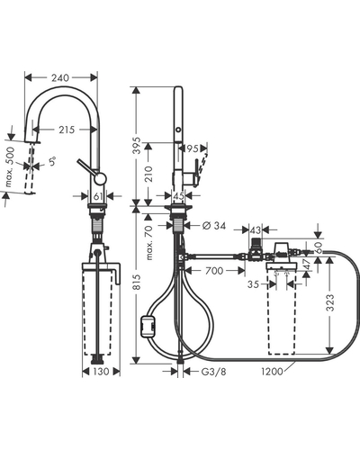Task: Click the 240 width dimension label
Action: pos(60,78)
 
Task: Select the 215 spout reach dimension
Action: pos(67,130)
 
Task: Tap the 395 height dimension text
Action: pos(137,146)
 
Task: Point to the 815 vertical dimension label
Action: pos(137,282)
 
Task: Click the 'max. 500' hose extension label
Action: pos(10,166)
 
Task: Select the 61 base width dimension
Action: pos(98,196)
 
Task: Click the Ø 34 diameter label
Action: pos(214,225)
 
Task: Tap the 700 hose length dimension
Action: pos(214,271)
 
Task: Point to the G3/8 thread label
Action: pos(213,372)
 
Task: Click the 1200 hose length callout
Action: pos(272,372)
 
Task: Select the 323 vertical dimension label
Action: pos(330,302)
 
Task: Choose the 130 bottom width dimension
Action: pos(101,372)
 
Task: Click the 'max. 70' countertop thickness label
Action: pos(149,243)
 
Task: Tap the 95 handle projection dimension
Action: pos(193,148)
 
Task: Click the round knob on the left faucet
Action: pos(100,178)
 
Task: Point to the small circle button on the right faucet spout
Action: pos(178,130)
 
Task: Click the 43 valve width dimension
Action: pos(256,230)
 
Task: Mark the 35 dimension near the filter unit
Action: pos(253,283)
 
